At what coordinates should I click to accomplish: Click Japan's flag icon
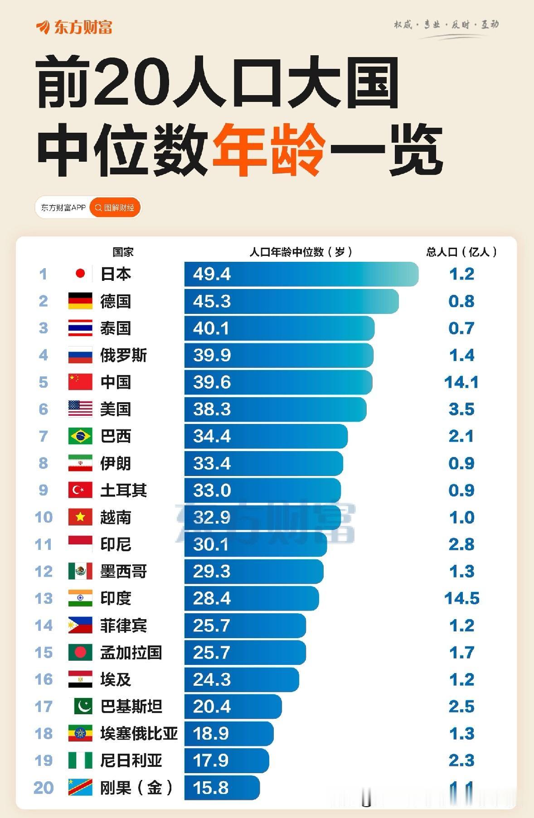pyautogui.click(x=80, y=274)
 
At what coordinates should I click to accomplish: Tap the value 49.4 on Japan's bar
pyautogui.click(x=212, y=274)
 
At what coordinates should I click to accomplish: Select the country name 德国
pyautogui.click(x=116, y=301)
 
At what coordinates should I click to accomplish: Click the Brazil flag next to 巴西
pyautogui.click(x=80, y=436)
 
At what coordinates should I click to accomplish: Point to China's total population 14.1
pyautogui.click(x=461, y=382)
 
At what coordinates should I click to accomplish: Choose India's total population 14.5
pyautogui.click(x=461, y=598)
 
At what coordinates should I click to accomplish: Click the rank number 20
pyautogui.click(x=44, y=788)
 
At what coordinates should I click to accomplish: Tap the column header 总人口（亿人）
pyautogui.click(x=461, y=252)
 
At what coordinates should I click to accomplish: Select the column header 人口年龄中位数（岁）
pyautogui.click(x=301, y=252)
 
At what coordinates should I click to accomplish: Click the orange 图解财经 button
pyautogui.click(x=115, y=208)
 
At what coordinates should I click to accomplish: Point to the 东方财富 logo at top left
pyautogui.click(x=74, y=27)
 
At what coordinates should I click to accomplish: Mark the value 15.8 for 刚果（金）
pyautogui.click(x=211, y=788)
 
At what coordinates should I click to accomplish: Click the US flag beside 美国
pyautogui.click(x=80, y=409)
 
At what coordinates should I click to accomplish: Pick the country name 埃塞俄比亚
pyautogui.click(x=139, y=733)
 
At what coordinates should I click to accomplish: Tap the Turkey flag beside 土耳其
pyautogui.click(x=80, y=490)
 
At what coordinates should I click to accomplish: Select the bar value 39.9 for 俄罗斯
pyautogui.click(x=212, y=355)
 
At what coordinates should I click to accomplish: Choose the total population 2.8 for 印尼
pyautogui.click(x=461, y=544)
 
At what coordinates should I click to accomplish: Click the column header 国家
pyautogui.click(x=123, y=252)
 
